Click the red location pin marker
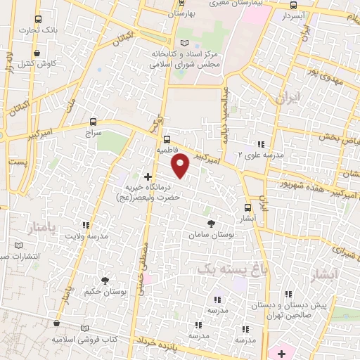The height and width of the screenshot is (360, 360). pyautogui.click(x=181, y=165)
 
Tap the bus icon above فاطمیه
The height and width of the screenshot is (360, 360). pyautogui.click(x=167, y=139)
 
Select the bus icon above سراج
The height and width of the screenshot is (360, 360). pyautogui.click(x=94, y=121)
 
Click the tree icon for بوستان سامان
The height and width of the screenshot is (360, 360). pyautogui.click(x=212, y=223)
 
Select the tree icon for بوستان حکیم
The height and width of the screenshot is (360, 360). pyautogui.click(x=105, y=281)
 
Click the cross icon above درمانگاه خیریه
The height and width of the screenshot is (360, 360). pyautogui.click(x=148, y=176)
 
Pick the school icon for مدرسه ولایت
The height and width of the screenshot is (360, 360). pyautogui.click(x=86, y=226)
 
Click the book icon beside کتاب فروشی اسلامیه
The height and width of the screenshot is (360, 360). pyautogui.click(x=85, y=328)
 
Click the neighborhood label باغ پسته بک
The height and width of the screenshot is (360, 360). pyautogui.click(x=224, y=268)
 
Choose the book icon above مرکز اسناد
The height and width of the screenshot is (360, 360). pyautogui.click(x=185, y=43)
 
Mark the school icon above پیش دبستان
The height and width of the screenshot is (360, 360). pyautogui.click(x=288, y=295)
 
